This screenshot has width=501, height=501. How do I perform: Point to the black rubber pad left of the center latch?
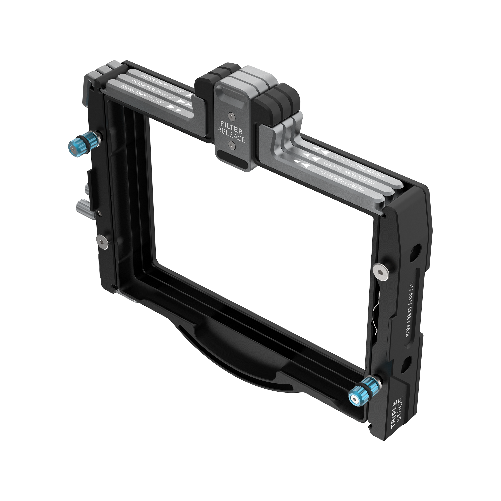point(205,86)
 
